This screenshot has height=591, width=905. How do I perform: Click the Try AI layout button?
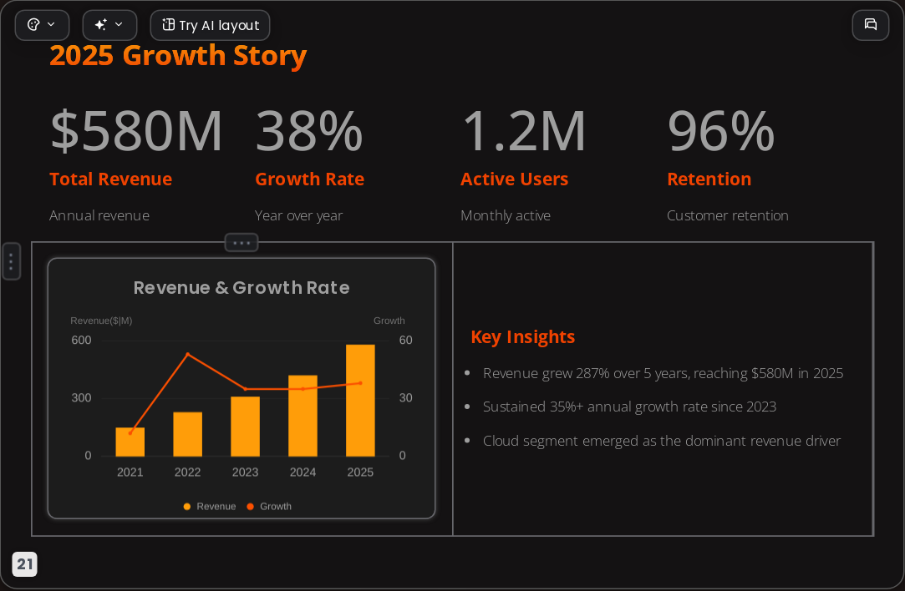pos(210,25)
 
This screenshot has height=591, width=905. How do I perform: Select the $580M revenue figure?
pos(136,131)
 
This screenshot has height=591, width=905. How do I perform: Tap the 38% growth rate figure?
pos(309,131)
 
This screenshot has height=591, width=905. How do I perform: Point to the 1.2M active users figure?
pos(524,131)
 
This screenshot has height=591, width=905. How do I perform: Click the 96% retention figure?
pos(721,131)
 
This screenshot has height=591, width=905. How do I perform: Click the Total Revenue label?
pos(111,179)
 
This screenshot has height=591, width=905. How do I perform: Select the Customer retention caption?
pos(728,215)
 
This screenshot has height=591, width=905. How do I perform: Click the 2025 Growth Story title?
pos(178,55)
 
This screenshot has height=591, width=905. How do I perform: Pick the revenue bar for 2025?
pos(360,400)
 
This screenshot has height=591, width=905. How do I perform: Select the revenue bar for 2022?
pos(187,434)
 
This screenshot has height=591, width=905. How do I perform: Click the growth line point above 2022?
pos(187,354)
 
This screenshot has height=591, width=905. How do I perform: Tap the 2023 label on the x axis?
pos(246,472)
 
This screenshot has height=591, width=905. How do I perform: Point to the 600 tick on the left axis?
pos(81,341)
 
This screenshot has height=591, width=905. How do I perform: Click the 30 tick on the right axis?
pos(406,398)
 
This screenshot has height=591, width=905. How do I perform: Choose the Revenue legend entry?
pos(210,506)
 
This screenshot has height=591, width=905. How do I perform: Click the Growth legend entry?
pos(269,506)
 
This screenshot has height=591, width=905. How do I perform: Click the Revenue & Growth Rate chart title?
pos(242,288)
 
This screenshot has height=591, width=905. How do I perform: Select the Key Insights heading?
pos(523,336)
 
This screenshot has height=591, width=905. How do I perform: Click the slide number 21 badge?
pos(25,564)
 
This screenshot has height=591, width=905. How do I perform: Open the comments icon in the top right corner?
pos(871,25)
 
